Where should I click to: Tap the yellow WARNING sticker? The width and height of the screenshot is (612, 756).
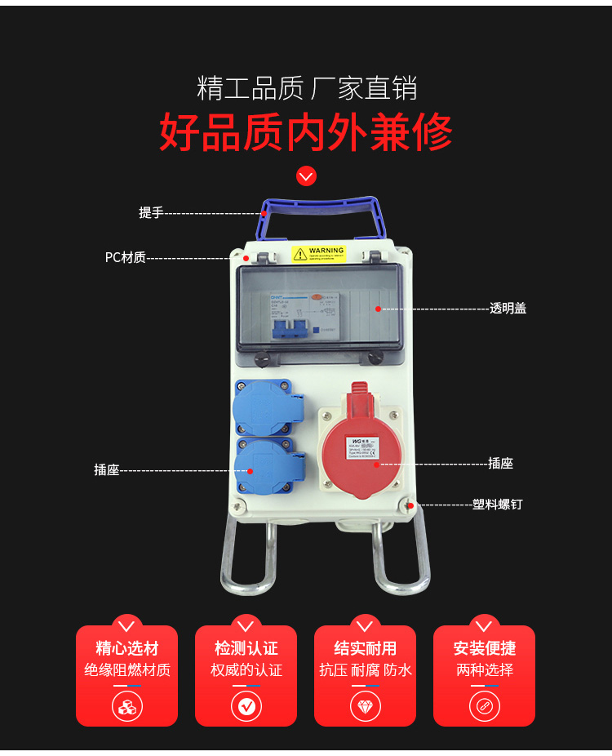pyautogui.click(x=319, y=254)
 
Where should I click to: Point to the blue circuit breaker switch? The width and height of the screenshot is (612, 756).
pyautogui.click(x=290, y=327)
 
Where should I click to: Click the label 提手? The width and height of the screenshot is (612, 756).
pyautogui.click(x=151, y=213)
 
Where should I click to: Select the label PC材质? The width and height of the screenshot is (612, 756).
pyautogui.click(x=125, y=258)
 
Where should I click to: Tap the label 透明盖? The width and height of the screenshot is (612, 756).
pyautogui.click(x=508, y=309)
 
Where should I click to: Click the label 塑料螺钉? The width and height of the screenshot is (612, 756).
pyautogui.click(x=497, y=505)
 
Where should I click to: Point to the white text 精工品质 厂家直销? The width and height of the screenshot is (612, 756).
pyautogui.click(x=306, y=87)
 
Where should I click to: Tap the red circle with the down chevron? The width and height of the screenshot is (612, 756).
pyautogui.click(x=306, y=176)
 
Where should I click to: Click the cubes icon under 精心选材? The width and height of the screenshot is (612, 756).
pyautogui.click(x=126, y=705)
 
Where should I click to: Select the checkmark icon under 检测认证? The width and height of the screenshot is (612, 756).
pyautogui.click(x=246, y=705)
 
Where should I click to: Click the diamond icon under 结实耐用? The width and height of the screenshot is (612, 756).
pyautogui.click(x=365, y=705)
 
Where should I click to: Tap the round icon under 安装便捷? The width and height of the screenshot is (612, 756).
pyautogui.click(x=484, y=705)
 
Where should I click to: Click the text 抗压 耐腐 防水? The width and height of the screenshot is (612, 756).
pyautogui.click(x=365, y=670)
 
